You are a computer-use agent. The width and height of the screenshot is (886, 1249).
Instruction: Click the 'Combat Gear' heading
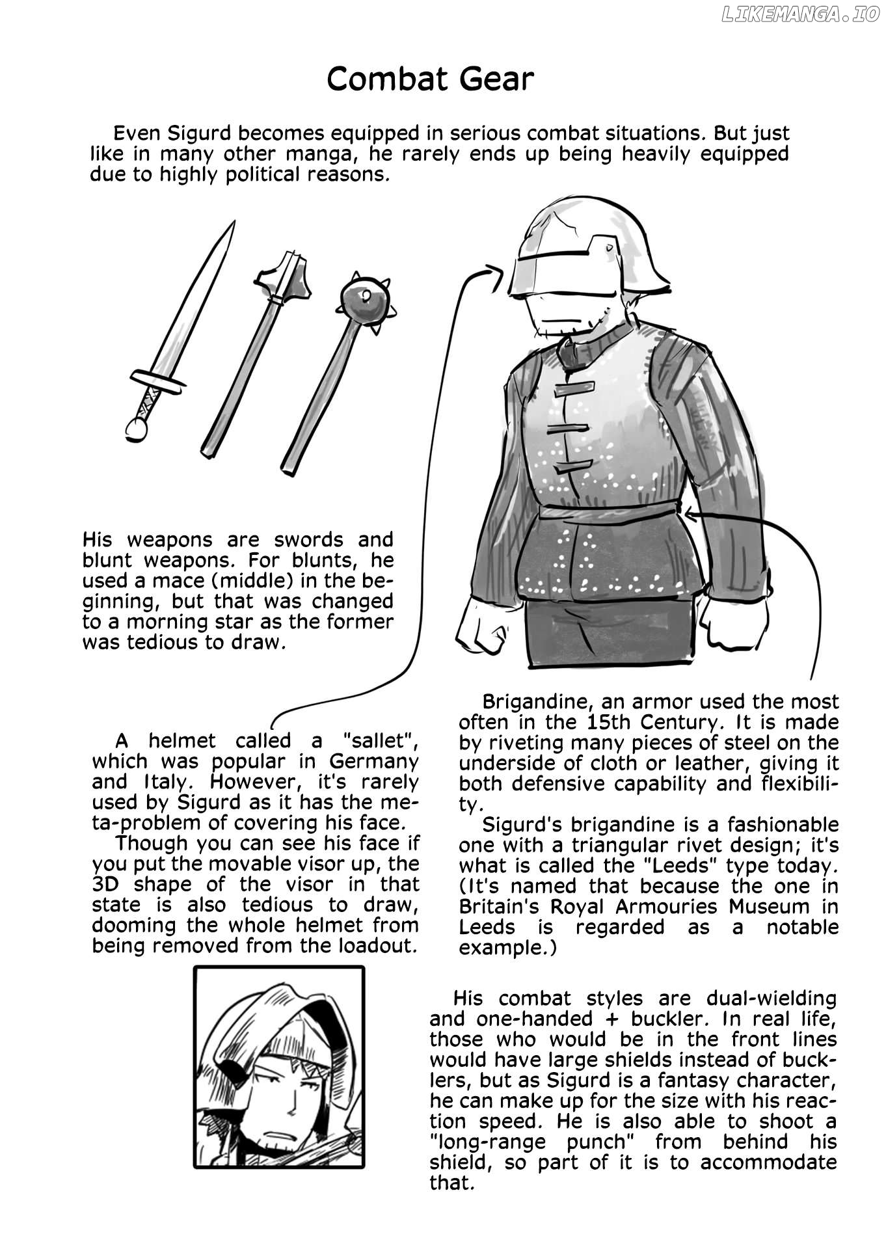point(430,79)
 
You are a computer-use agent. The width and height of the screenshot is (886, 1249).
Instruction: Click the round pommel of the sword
point(137,429)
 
